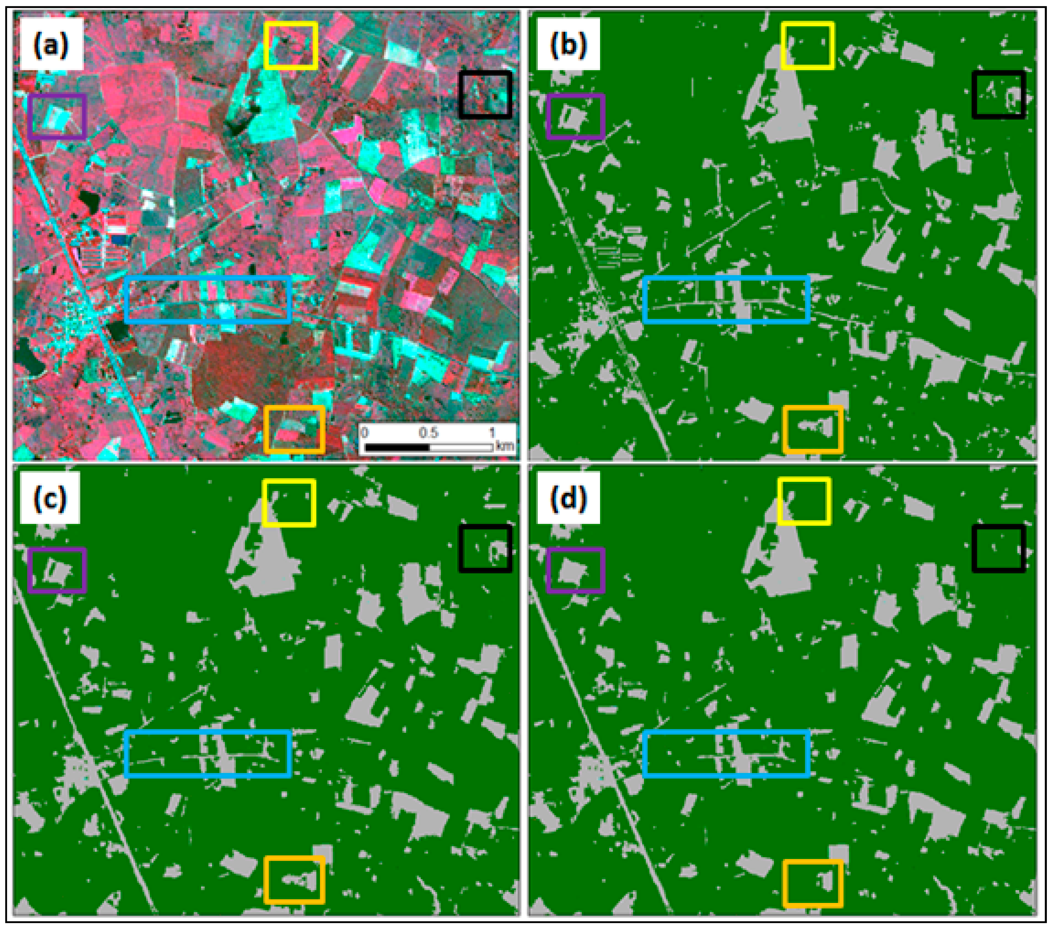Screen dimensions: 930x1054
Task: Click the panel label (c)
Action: pyautogui.click(x=50, y=498)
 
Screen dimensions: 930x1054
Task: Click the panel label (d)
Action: pyautogui.click(x=568, y=498)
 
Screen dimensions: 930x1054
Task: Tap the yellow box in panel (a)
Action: pyautogui.click(x=290, y=46)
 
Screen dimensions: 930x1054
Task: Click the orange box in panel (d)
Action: pyautogui.click(x=813, y=883)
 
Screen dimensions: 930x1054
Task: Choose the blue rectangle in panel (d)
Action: pyautogui.click(x=726, y=754)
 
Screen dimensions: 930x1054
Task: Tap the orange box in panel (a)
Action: pyautogui.click(x=294, y=429)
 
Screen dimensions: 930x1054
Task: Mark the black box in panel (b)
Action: pyautogui.click(x=998, y=94)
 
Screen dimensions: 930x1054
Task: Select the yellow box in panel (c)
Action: pyautogui.click(x=289, y=503)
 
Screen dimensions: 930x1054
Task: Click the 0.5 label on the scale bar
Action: pyautogui.click(x=428, y=432)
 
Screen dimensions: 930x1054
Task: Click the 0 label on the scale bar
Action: pyautogui.click(x=365, y=432)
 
